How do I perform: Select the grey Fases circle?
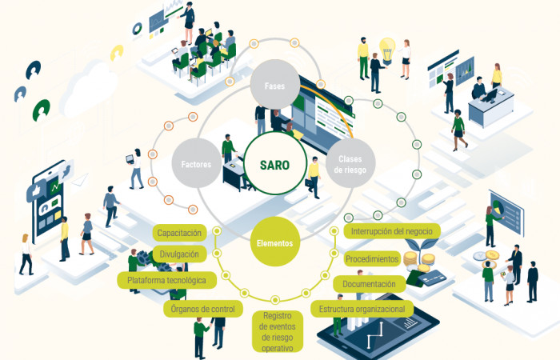[274, 85]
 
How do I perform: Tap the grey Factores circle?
[197, 163]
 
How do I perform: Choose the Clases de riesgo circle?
[350, 163]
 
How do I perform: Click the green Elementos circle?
[274, 242]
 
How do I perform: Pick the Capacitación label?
[179, 233]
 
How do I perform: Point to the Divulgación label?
[179, 254]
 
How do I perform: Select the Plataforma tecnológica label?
[166, 280]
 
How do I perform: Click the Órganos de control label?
[203, 309]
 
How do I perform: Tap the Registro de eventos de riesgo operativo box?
[278, 331]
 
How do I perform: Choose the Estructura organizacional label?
[362, 309]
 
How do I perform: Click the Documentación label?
[370, 284]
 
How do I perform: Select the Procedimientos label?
[372, 258]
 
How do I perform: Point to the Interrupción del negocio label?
[392, 231]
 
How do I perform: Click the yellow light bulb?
[387, 50]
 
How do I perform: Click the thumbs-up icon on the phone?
[36, 191]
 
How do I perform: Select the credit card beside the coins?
[432, 277]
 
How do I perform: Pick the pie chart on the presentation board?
[496, 206]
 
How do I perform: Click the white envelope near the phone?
[80, 180]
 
